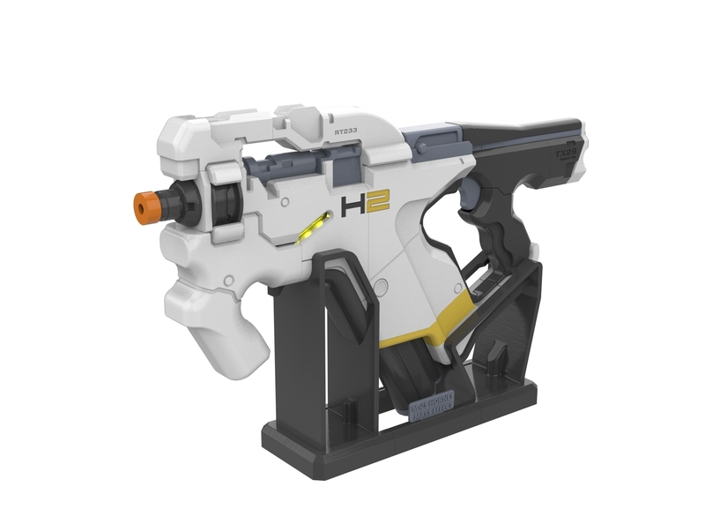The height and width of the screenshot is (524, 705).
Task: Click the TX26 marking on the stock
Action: [567, 151]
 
